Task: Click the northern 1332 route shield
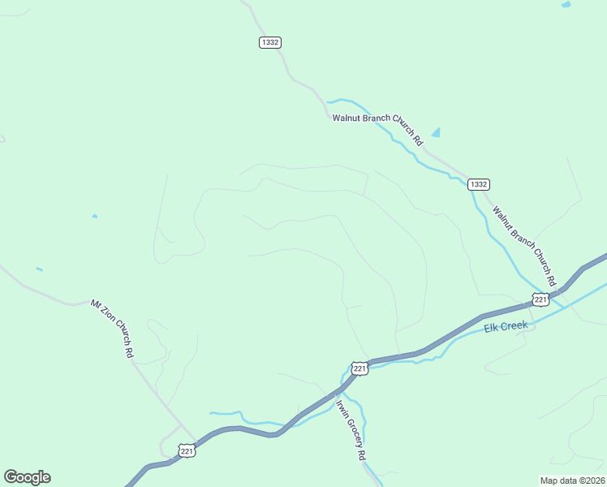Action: click(270, 42)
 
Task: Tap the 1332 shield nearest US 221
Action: click(479, 184)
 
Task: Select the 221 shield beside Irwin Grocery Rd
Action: click(360, 368)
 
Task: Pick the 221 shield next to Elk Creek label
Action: click(540, 300)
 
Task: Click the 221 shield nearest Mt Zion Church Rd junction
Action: click(187, 450)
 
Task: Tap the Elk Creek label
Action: click(506, 326)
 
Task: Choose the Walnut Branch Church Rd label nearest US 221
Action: click(524, 245)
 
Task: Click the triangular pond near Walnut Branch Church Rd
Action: click(436, 132)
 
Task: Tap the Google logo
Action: click(27, 477)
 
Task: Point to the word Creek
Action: click(516, 325)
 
